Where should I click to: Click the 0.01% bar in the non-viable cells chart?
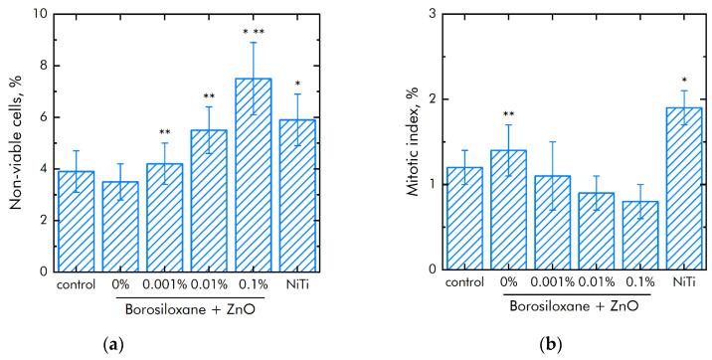(208, 200)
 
